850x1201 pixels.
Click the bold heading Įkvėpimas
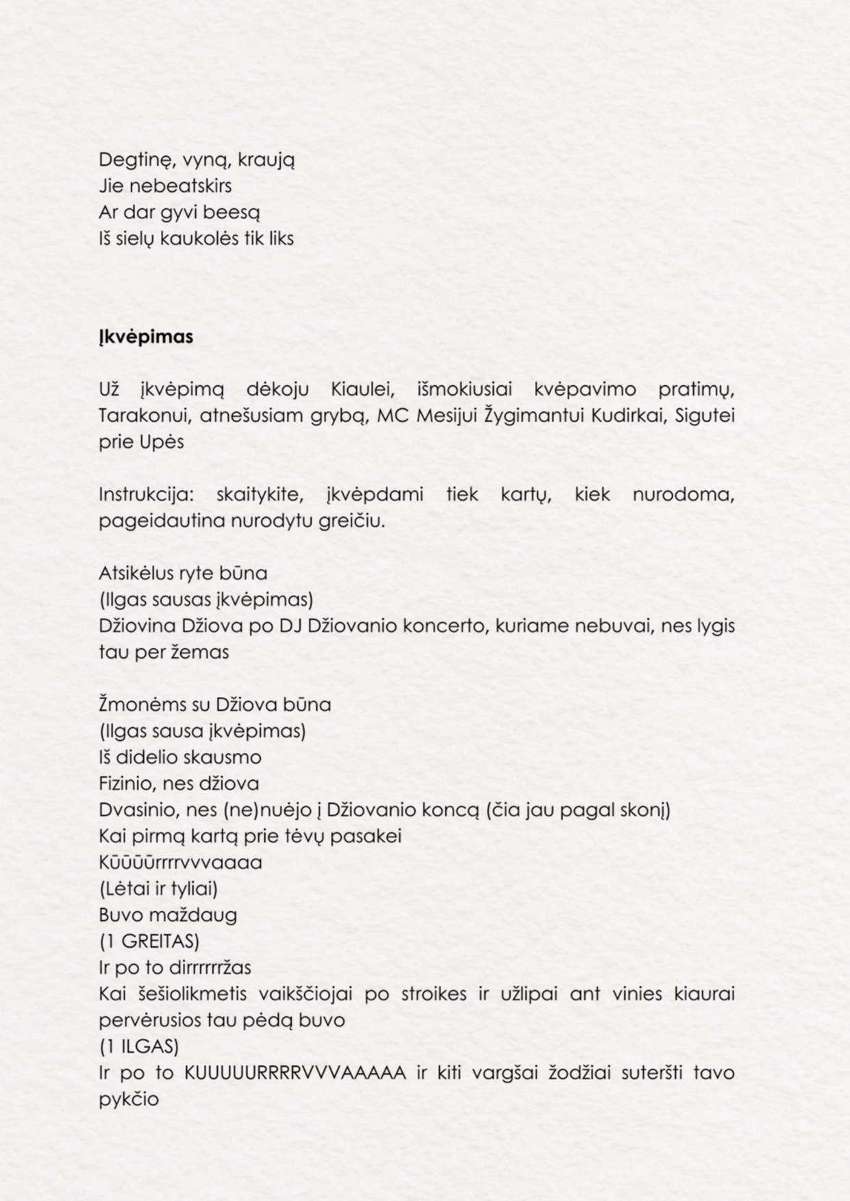point(146,337)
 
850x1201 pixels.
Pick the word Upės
point(162,442)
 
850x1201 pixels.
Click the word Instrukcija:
point(146,494)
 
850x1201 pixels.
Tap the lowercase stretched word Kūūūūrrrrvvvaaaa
point(181,862)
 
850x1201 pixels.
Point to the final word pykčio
point(129,1100)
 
